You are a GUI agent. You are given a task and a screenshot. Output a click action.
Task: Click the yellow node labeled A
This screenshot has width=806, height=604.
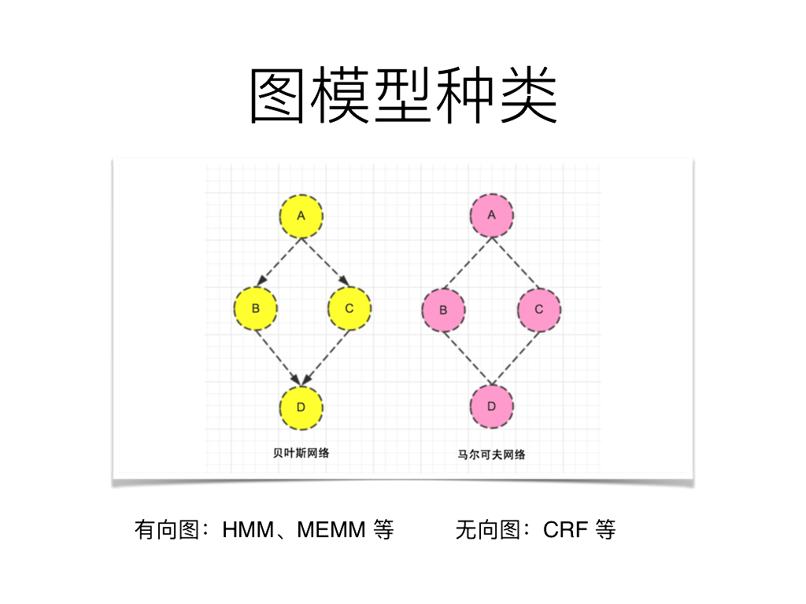coord(302,216)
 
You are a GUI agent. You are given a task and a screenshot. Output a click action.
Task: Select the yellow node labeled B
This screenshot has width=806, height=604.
coord(256,308)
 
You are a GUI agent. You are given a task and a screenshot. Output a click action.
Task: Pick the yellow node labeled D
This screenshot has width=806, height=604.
coord(302,407)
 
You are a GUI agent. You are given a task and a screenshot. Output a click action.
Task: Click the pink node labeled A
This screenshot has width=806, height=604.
coord(492,215)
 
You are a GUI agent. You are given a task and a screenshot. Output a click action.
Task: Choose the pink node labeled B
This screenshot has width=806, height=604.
coord(444,310)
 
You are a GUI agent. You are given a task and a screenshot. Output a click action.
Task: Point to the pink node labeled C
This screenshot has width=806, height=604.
coord(539,309)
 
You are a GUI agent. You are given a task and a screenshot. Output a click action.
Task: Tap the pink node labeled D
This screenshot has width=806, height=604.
coord(492,407)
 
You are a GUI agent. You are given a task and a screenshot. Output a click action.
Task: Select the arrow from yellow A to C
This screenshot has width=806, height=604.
coord(324,260)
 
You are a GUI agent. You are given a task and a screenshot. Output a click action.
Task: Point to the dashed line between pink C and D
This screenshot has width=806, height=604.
coord(516,358)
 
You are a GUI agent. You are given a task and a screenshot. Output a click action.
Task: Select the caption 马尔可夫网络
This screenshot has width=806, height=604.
coord(492,454)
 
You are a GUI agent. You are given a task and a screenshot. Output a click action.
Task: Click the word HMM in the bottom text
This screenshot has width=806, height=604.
coord(246,530)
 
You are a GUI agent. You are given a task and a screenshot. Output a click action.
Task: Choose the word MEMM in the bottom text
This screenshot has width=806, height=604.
coord(331,530)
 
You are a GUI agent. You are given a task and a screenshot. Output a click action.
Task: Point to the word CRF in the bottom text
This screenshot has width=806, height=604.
coord(565,530)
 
